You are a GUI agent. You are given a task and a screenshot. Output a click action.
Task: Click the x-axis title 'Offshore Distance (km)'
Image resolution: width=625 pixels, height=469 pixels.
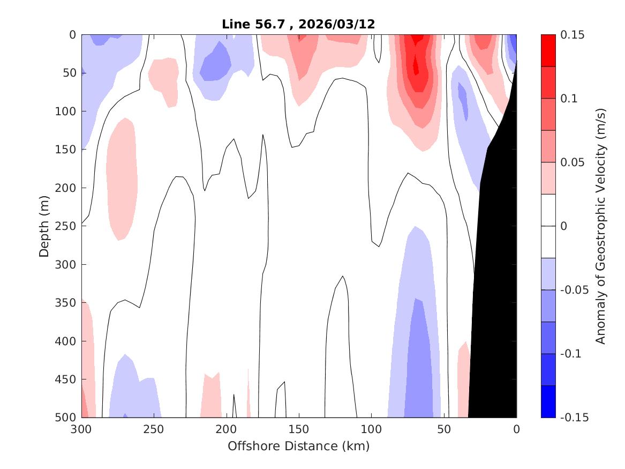coord(298,446)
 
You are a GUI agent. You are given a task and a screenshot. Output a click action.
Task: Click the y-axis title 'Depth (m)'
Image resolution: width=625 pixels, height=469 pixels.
coord(44,226)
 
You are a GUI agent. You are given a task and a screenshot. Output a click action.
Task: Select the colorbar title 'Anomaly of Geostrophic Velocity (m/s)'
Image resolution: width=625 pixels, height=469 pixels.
coord(600,226)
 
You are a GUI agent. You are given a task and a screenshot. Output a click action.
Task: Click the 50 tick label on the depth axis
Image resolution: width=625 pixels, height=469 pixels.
coord(69,73)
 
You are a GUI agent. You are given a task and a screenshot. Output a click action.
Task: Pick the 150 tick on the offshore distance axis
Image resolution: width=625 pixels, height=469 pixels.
coord(298,429)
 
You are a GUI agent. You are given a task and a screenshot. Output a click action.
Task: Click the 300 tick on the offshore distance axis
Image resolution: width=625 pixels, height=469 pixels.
coord(81,429)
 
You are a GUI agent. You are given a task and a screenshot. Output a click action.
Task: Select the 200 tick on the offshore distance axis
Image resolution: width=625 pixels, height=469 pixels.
coord(226,429)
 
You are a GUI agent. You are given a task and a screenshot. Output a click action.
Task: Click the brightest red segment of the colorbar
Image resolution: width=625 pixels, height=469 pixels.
coord(548,50)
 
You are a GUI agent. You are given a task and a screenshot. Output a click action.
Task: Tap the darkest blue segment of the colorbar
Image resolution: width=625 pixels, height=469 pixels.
coord(548,401)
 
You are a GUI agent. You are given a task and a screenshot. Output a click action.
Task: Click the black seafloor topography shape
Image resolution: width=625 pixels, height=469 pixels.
coord(495,268)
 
